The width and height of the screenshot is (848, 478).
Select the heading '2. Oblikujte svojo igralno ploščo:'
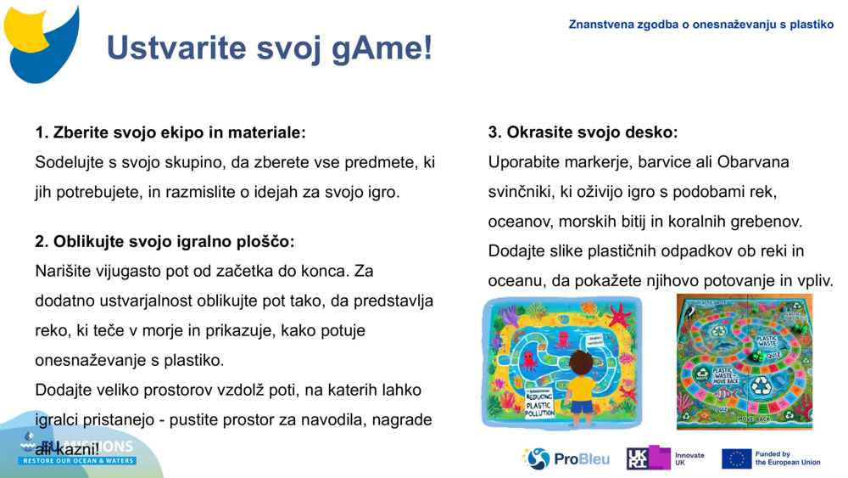point(165,242)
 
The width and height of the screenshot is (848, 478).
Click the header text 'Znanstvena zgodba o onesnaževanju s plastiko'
point(700,25)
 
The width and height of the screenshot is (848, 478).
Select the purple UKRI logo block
point(648,458)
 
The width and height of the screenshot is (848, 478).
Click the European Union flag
point(736,459)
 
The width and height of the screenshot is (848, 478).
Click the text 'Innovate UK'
point(689,459)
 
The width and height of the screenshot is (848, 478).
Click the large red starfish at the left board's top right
point(618,317)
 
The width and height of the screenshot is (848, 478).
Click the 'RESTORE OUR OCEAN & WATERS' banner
point(78,461)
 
